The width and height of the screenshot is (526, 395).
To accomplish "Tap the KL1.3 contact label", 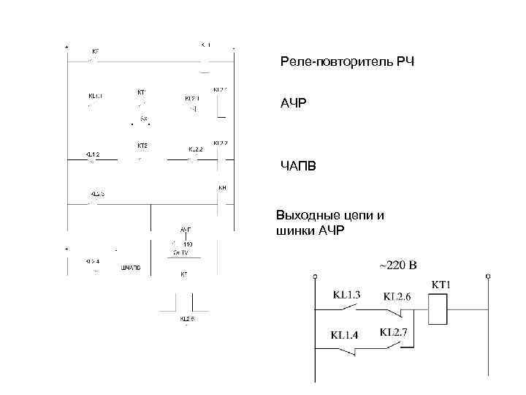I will tap(346, 295).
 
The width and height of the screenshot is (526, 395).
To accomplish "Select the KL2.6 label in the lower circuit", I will tap(397, 296).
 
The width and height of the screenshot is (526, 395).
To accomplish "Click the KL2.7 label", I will tap(394, 333).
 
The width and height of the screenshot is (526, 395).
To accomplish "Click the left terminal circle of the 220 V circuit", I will tap(314, 277).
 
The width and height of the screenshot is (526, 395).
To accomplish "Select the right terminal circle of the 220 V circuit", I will tap(487, 277).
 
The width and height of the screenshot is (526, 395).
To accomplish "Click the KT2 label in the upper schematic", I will tap(142, 146).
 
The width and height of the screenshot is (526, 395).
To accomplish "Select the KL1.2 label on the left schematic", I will tap(92, 154).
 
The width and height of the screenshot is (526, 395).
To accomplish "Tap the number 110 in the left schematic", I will tap(187, 244).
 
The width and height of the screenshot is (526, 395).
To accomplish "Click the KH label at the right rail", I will tap(223, 188).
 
